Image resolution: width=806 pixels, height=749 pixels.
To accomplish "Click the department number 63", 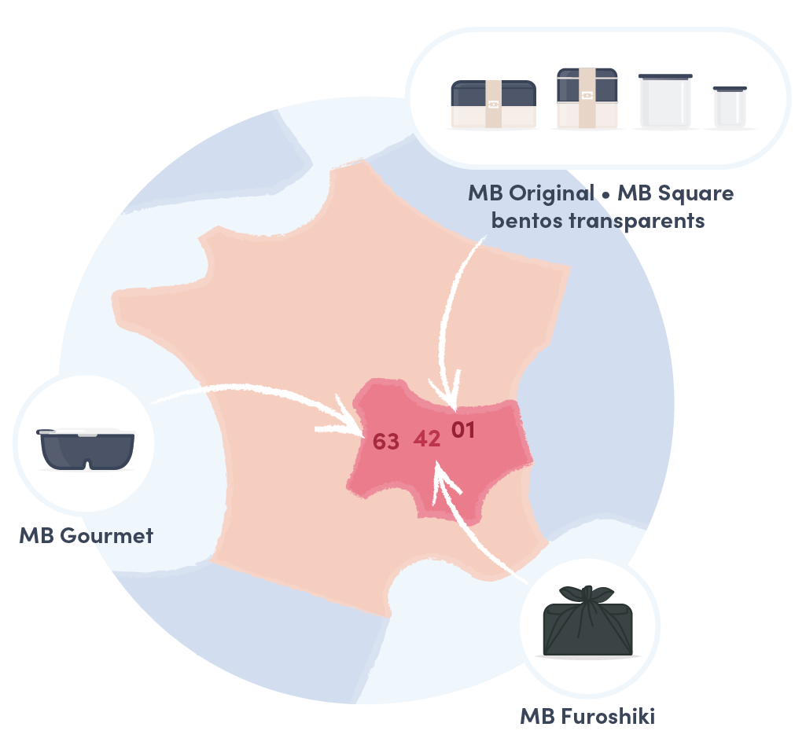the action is (x=385, y=441).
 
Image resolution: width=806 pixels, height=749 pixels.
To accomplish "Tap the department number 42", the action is (x=427, y=439).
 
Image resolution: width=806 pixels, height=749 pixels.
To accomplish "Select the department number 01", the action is (x=463, y=430).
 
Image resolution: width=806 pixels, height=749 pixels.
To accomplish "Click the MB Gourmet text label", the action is (x=86, y=536).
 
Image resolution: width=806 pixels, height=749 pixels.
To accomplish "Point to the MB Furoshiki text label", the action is (x=587, y=716).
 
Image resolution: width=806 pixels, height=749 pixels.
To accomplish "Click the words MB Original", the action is (x=531, y=193).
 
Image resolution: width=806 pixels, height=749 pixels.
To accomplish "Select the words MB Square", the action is (x=675, y=193).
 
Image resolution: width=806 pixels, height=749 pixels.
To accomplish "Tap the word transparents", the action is (x=636, y=222).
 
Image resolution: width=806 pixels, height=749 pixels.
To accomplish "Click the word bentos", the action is (x=527, y=221).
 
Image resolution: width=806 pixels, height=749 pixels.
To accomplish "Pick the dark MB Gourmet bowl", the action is (x=86, y=449).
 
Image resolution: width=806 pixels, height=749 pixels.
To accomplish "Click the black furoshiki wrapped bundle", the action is (x=587, y=622).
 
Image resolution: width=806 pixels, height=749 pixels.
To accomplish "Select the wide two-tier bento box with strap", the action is (x=494, y=104).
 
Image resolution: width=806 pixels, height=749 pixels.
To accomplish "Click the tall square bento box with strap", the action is (x=587, y=97).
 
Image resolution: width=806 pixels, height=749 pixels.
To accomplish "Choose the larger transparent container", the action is (x=665, y=101).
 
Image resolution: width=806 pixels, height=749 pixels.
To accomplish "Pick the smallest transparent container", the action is (x=730, y=107).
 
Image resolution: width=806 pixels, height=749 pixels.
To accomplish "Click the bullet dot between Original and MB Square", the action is (x=606, y=196).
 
